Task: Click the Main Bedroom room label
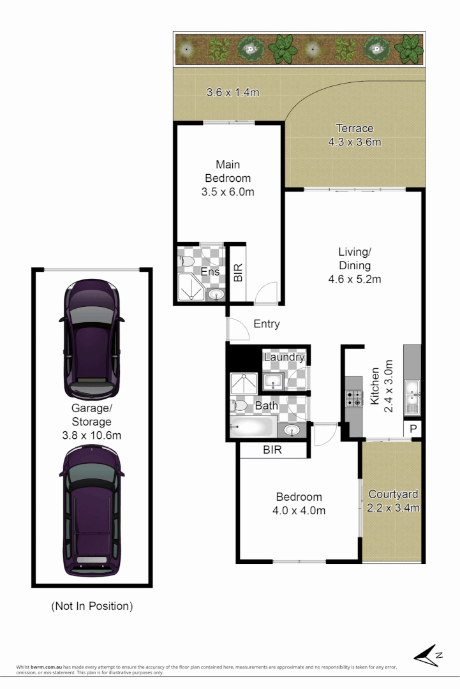coord(228,172)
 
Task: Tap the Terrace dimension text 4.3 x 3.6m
coord(354,142)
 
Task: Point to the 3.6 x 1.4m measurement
coord(232,93)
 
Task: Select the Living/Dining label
coord(354,258)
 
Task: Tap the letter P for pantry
coord(413,429)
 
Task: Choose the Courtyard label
coord(393,494)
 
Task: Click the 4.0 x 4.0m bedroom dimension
coord(299,510)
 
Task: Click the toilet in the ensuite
coord(186,262)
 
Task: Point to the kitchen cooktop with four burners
coord(353,398)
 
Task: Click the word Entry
coord(267,324)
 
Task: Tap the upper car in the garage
coord(91,338)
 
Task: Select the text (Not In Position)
coord(92,606)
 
